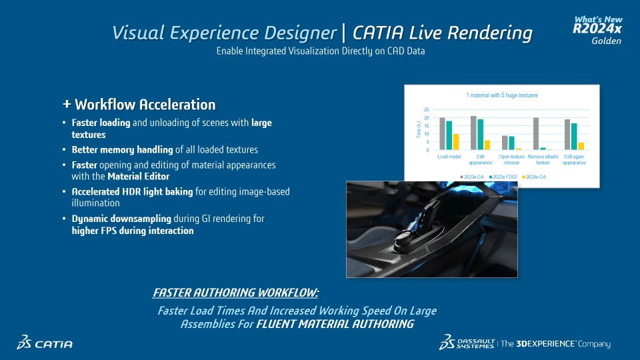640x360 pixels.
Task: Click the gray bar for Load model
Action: coord(443,133)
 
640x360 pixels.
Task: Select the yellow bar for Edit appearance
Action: coord(487,145)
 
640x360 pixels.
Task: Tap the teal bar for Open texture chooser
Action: coord(511,143)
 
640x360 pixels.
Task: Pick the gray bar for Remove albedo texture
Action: coord(536,133)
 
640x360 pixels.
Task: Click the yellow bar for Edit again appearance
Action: coord(581,146)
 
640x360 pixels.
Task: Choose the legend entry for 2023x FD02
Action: coord(503,177)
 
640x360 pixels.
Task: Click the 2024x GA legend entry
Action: coord(534,177)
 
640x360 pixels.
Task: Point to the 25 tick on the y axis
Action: coord(427,109)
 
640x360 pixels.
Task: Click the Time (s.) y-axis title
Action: coord(419,129)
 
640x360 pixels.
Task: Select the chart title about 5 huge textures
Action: coord(501,95)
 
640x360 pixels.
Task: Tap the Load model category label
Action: coord(449,157)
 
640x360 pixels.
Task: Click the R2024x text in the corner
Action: coord(597,29)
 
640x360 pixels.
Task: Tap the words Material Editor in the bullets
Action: coord(139,176)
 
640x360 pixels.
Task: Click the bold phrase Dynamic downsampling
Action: coord(121,219)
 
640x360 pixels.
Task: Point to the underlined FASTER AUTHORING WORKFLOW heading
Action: coord(235,293)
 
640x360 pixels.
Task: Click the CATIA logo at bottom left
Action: coord(45,343)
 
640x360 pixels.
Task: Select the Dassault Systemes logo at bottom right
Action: coord(467,343)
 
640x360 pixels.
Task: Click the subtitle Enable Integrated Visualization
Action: coord(321,51)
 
